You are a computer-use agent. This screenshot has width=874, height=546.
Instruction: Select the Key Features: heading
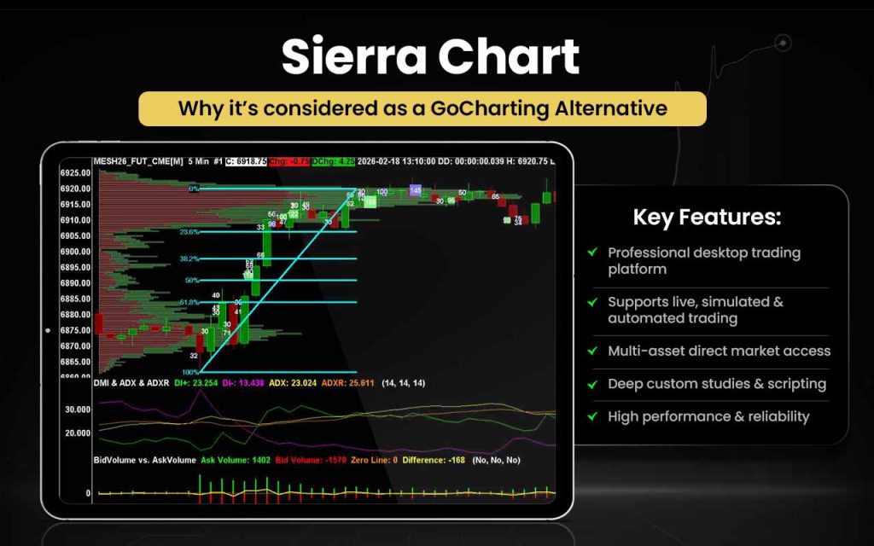click(707, 217)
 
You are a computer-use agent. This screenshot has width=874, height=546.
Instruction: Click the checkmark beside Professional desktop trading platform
click(592, 253)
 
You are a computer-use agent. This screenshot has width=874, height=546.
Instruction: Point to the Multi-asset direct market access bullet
click(719, 351)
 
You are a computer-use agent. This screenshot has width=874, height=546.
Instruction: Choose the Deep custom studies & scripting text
click(717, 384)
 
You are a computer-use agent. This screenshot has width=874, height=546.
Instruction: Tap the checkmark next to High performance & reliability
click(592, 416)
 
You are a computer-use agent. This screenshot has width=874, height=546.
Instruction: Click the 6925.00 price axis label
click(76, 173)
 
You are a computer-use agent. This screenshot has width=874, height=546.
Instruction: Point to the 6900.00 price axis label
click(76, 252)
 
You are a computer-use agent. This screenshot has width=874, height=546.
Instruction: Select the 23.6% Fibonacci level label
click(189, 231)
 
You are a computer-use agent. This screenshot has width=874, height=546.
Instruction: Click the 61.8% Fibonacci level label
click(189, 302)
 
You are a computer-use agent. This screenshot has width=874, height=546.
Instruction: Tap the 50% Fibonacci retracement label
click(192, 280)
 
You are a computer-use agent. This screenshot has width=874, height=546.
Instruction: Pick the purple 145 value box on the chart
click(415, 190)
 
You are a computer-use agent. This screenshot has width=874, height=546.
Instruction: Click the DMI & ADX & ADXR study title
click(131, 384)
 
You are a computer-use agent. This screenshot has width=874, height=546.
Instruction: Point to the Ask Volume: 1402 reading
click(236, 460)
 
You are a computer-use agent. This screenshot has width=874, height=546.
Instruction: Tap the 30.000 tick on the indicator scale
click(77, 409)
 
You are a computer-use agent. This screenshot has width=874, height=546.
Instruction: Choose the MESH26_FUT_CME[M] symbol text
click(137, 160)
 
